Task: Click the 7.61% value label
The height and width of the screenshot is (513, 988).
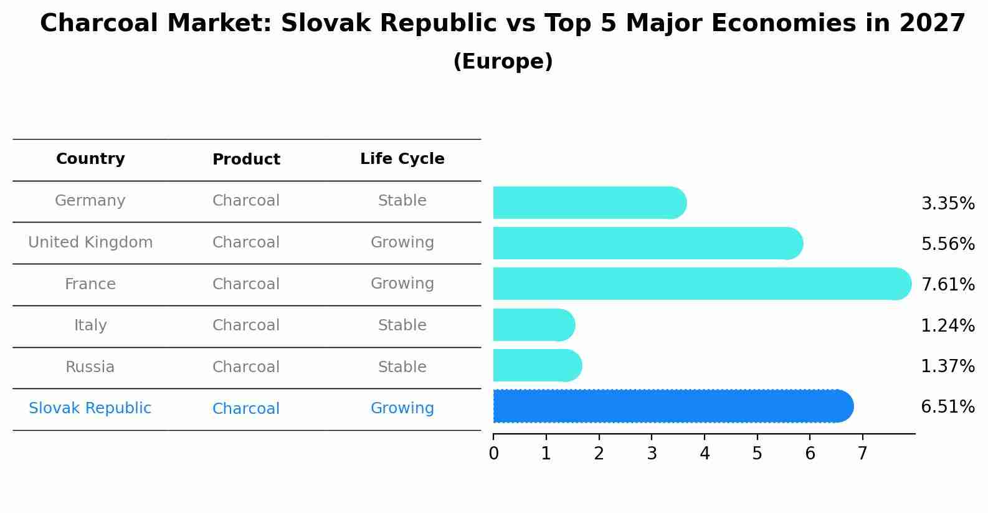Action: point(948,284)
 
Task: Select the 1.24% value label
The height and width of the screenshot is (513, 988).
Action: point(948,325)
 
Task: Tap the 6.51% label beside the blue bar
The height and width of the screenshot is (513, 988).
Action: point(948,407)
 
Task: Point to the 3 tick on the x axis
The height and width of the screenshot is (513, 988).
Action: point(652,454)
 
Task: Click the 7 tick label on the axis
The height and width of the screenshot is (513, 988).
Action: point(862,454)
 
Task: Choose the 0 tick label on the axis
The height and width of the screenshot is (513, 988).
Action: point(493,454)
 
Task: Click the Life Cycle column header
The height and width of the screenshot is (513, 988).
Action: point(402,159)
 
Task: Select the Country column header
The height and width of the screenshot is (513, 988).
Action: point(90,159)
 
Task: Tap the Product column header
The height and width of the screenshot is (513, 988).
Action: point(246,160)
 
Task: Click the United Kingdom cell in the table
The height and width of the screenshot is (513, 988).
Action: point(90,242)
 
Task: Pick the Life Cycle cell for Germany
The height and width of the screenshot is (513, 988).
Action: point(402,201)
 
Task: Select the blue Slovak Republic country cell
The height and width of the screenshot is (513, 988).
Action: point(90,408)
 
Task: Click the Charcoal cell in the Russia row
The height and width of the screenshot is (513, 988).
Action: point(246,367)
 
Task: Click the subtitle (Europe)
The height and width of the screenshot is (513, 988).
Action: point(503,62)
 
